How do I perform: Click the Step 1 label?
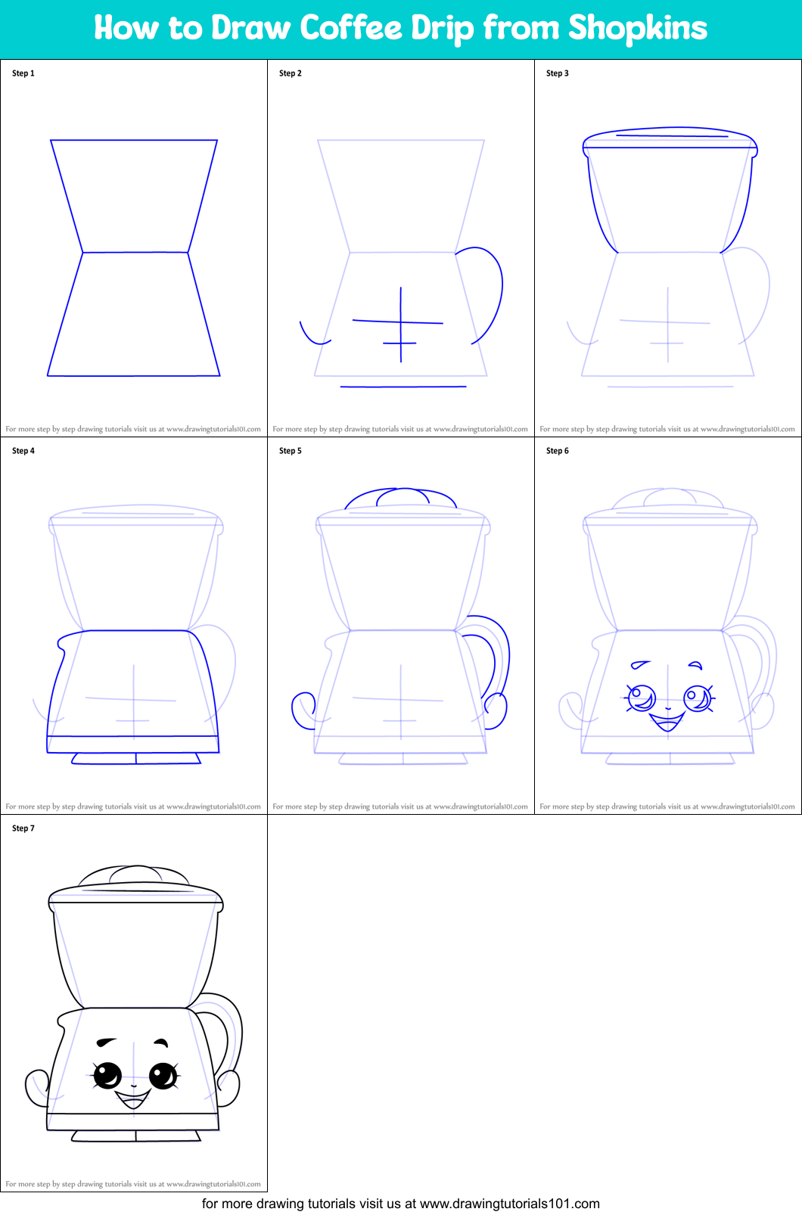pyautogui.click(x=23, y=73)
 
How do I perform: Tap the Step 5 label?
pyautogui.click(x=291, y=451)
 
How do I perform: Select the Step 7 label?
pyautogui.click(x=23, y=828)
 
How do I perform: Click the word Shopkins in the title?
pyautogui.click(x=637, y=28)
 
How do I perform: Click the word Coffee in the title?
pyautogui.click(x=350, y=28)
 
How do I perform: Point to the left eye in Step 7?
pyautogui.click(x=107, y=1074)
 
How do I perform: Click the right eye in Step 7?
pyautogui.click(x=163, y=1075)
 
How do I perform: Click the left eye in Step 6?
pyautogui.click(x=641, y=697)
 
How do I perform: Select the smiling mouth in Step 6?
pyautogui.click(x=667, y=720)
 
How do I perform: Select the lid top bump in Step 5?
pyautogui.click(x=401, y=496)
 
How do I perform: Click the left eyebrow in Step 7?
pyautogui.click(x=107, y=1042)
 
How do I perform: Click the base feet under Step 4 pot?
pyautogui.click(x=136, y=758)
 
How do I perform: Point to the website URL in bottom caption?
pyautogui.click(x=509, y=1204)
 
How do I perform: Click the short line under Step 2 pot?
pyautogui.click(x=403, y=387)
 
